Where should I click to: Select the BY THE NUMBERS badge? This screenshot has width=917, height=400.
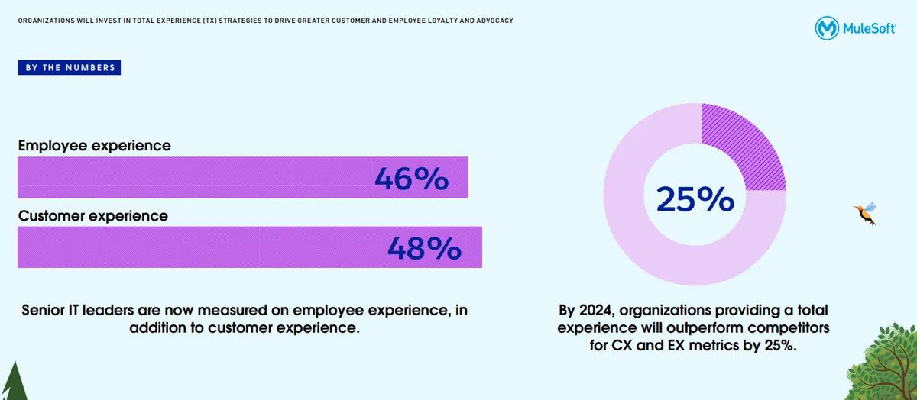70,68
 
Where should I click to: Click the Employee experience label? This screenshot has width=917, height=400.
95,145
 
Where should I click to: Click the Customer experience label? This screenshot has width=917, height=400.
93,215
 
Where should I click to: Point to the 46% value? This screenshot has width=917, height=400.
411,179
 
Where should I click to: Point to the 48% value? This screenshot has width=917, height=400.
424,248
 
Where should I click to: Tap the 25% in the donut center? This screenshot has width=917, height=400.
695,199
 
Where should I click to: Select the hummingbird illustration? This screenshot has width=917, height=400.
866,213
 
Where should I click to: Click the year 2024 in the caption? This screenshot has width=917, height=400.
597,311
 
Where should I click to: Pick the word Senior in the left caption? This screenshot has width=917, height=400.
45,311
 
